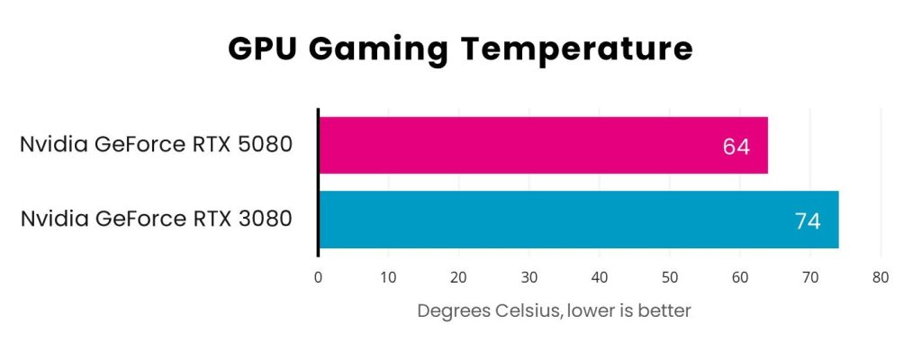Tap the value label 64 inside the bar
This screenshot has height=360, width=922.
tap(737, 146)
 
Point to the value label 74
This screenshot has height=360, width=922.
tap(808, 220)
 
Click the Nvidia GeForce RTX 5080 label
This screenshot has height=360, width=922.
tap(157, 145)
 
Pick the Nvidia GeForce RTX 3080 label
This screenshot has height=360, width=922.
tap(157, 219)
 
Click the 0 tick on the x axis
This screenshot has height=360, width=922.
tap(318, 277)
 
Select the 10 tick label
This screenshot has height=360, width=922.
tap(388, 277)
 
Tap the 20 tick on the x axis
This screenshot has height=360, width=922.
tap(458, 277)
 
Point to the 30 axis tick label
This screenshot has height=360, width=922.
tap(529, 277)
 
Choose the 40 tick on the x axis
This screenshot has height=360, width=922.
tap(599, 277)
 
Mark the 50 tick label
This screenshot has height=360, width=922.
tap(669, 277)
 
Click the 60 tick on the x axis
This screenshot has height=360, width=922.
tap(739, 277)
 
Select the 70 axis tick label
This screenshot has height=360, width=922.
tap(809, 277)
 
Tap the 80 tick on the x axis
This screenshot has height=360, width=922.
tap(880, 277)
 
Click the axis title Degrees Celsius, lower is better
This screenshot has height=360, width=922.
tap(554, 311)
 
